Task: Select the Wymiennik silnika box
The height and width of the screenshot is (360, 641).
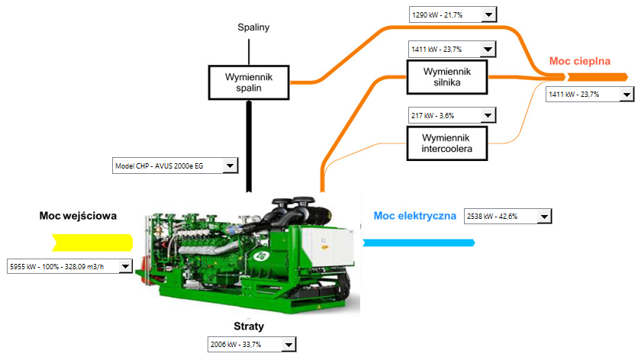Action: coord(446,76)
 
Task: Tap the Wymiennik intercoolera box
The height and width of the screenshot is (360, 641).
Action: coord(446,142)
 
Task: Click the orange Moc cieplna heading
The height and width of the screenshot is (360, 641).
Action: coord(580,61)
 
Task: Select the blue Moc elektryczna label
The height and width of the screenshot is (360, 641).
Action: coord(415,216)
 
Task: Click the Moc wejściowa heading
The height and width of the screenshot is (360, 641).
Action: coord(78,216)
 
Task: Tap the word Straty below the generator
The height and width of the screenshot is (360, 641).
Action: coord(249,326)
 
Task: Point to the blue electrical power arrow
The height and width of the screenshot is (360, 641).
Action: coord(418,243)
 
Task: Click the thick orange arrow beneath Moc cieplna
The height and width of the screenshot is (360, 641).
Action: coord(595,77)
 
